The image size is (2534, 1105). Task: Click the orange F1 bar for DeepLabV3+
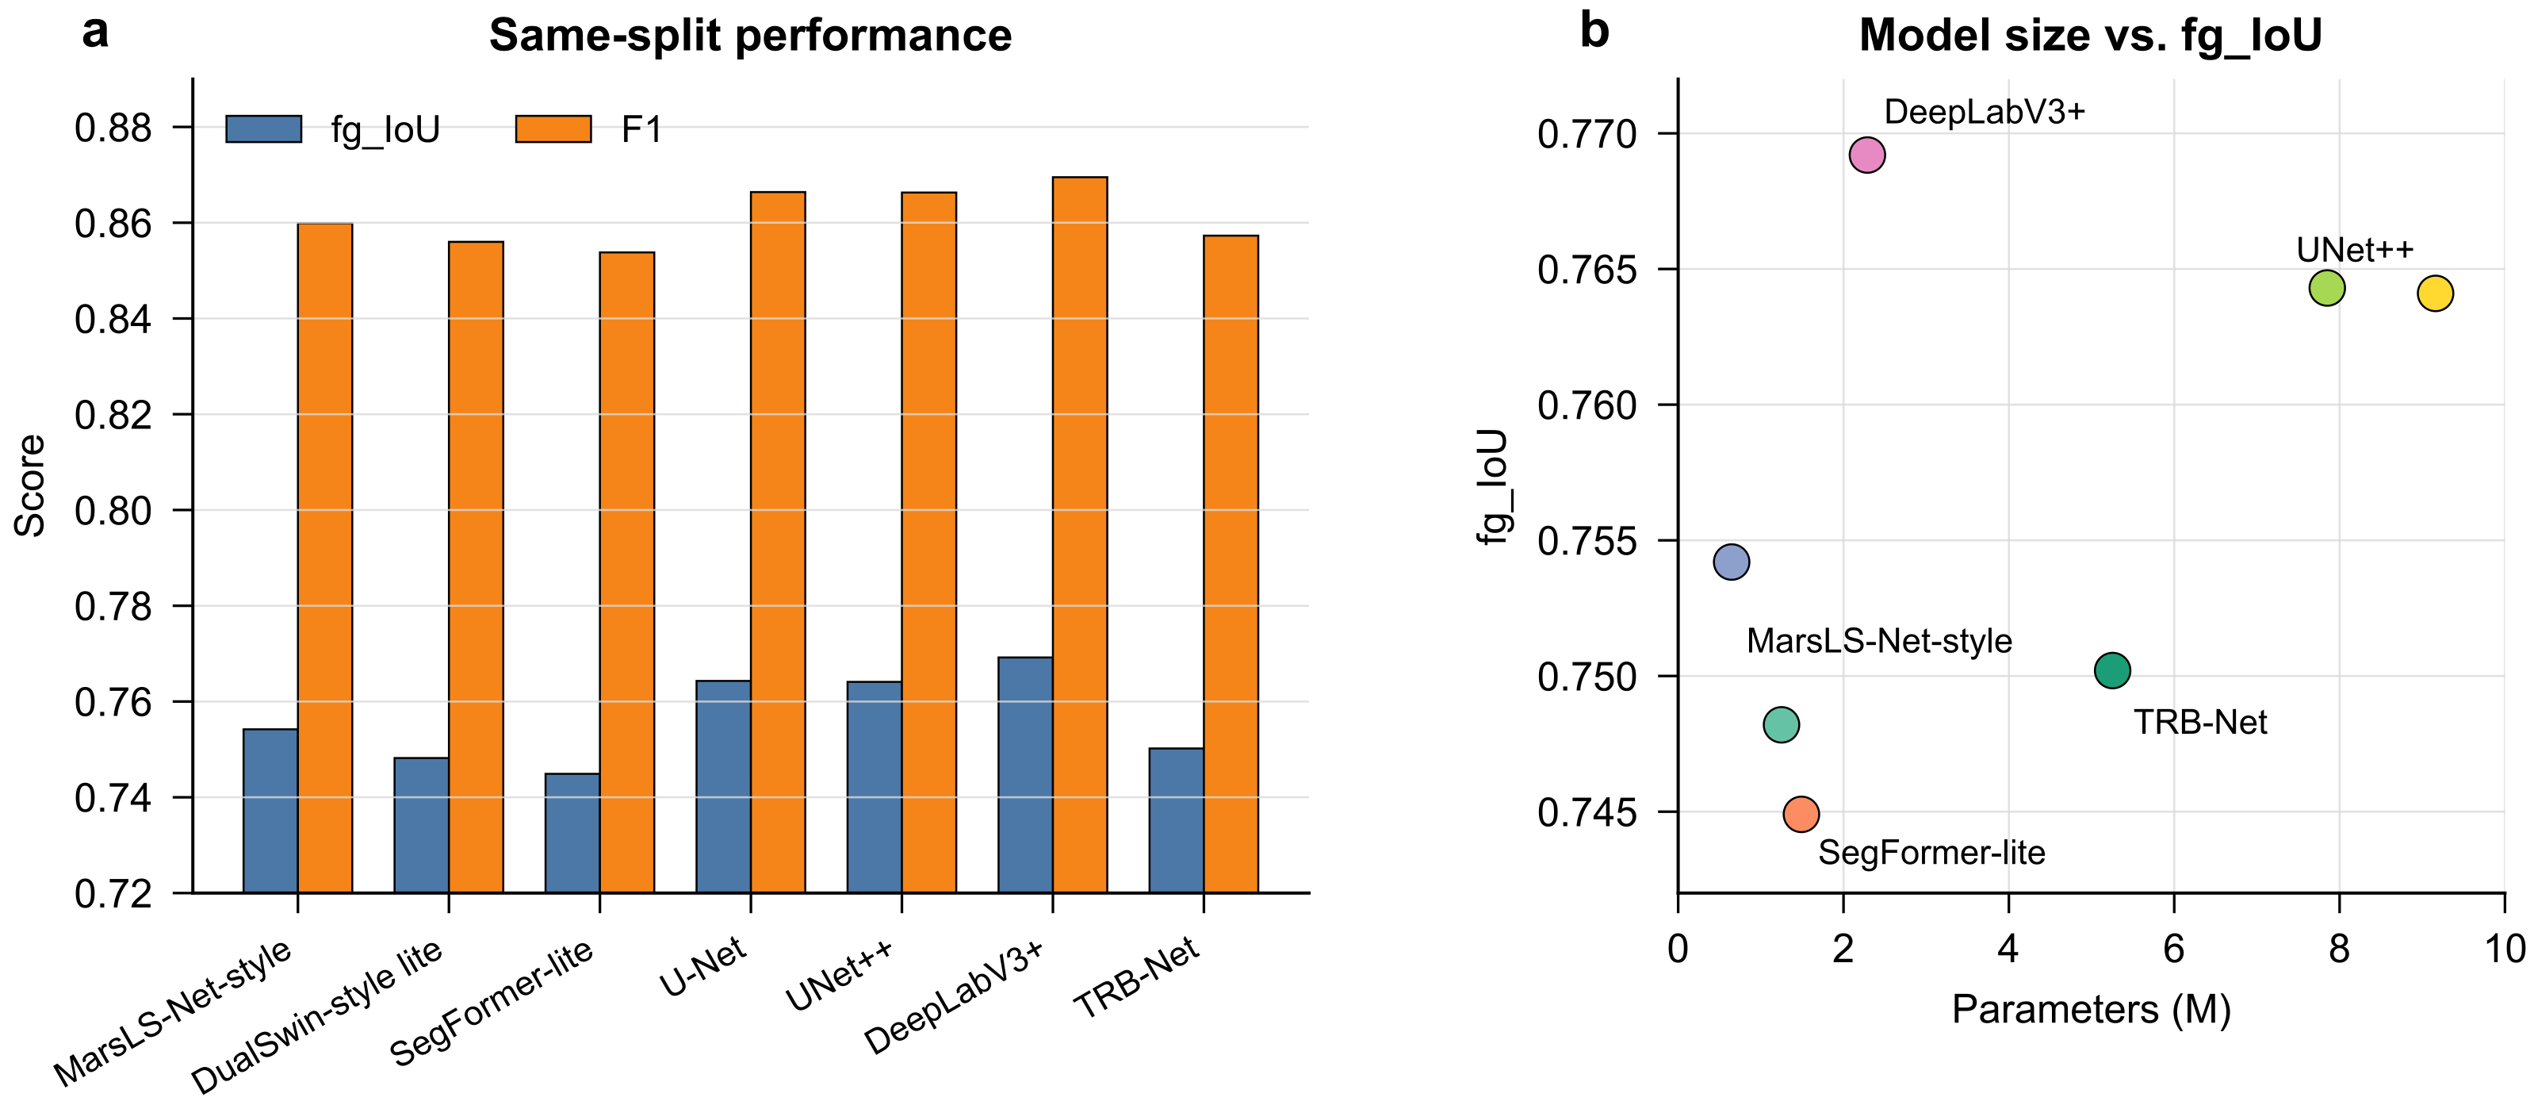(x=1080, y=535)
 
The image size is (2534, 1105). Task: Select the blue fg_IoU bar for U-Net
(x=723, y=787)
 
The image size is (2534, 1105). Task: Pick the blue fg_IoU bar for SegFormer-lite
(x=572, y=834)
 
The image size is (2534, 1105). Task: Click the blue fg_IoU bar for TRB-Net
(x=1177, y=821)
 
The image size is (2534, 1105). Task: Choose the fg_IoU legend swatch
(x=264, y=129)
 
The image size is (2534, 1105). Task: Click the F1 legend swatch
(x=554, y=129)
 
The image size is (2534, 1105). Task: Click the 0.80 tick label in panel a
(x=113, y=511)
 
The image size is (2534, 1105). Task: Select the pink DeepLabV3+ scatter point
(x=1867, y=155)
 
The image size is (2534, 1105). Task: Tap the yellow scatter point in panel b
(x=2435, y=294)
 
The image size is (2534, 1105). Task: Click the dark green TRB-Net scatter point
(x=2112, y=671)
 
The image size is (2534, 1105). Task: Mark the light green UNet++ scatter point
(x=2326, y=288)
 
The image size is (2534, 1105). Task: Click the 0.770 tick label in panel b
(x=1587, y=134)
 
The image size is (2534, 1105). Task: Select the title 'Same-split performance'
(x=751, y=36)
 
